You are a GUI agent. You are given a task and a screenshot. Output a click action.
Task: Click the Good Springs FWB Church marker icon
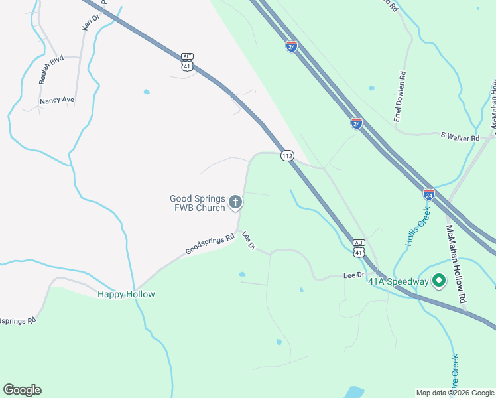[x=235, y=202]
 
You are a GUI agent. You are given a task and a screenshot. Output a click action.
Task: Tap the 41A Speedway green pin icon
[x=438, y=281]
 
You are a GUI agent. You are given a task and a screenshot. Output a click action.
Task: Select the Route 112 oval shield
[x=286, y=155]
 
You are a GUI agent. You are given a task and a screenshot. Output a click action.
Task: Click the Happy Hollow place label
[x=126, y=294]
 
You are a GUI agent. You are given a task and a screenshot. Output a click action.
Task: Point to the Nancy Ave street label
[x=57, y=101]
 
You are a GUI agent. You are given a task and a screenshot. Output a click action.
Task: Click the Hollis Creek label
[x=414, y=227]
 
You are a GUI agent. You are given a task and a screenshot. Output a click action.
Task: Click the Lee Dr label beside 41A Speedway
[x=354, y=275]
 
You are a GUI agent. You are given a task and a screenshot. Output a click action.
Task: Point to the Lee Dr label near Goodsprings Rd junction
[x=249, y=240]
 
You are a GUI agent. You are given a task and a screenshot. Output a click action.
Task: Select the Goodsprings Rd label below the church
[x=210, y=243]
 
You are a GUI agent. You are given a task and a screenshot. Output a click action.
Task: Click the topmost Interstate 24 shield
[x=292, y=46]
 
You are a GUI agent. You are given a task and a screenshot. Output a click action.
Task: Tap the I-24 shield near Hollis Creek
[x=429, y=194]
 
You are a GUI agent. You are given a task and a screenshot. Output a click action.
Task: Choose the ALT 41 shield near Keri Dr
[x=188, y=62]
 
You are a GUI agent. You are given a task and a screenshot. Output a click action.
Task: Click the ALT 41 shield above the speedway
[x=359, y=248]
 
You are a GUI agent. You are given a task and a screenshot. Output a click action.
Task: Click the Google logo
[x=22, y=390]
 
